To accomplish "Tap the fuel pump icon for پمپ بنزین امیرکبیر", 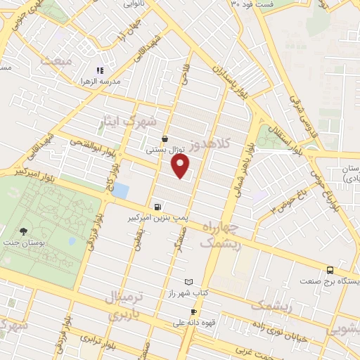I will (x=157, y=207).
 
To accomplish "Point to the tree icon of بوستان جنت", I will (x=24, y=231).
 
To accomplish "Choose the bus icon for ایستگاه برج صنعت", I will (x=330, y=270).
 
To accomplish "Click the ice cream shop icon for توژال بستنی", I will (x=165, y=139).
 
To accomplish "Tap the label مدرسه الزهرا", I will (x=101, y=82).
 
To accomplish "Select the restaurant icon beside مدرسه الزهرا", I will (x=100, y=70).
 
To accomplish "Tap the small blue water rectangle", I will (x=121, y=190).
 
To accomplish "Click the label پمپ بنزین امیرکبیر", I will (x=157, y=219).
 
